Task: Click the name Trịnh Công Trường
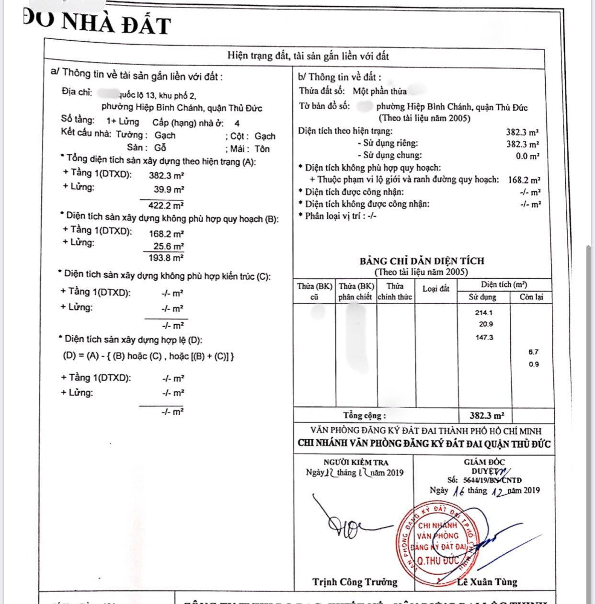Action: (355, 582)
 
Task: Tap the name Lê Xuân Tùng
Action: (487, 582)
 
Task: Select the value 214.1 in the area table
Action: (484, 312)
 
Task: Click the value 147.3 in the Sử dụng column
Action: (484, 337)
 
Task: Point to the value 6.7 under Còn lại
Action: (533, 352)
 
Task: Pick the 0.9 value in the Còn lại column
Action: (533, 364)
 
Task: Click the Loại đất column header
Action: (436, 289)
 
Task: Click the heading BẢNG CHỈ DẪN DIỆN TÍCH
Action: (422, 261)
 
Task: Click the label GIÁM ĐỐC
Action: (484, 462)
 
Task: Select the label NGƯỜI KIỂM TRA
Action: (356, 462)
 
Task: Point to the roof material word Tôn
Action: (262, 149)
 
